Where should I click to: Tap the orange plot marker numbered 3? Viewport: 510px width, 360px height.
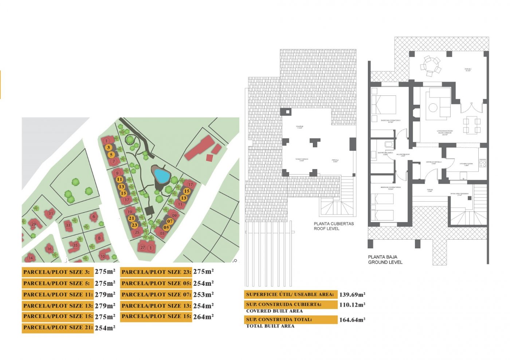(109, 147)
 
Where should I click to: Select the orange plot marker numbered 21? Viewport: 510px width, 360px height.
(132, 218)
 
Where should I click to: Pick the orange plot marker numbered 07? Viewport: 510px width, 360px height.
(170, 221)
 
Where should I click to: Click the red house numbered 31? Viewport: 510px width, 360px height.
(51, 214)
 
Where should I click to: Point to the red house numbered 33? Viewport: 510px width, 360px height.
(68, 225)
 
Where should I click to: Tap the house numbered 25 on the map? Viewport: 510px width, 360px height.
(137, 232)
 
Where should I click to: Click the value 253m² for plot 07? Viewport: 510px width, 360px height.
(203, 294)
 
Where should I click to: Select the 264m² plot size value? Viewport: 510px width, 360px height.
(203, 317)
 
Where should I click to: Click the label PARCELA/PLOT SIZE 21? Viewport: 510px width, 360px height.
(57, 328)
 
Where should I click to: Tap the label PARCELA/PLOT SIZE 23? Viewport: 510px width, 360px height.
(156, 272)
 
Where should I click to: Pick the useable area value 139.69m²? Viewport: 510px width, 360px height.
(352, 295)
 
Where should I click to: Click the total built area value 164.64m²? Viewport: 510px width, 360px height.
(352, 320)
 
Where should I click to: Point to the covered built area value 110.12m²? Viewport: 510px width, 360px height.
(352, 305)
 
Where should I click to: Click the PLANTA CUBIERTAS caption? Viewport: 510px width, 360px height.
(334, 224)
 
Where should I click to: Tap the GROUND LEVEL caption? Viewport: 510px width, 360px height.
(385, 262)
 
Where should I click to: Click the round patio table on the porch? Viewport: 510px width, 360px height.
(430, 66)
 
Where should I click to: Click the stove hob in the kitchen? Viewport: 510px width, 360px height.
(483, 163)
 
